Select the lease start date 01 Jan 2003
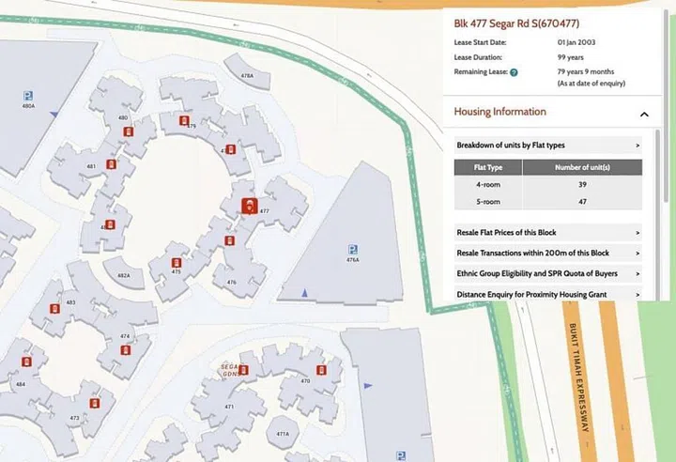coord(590,42)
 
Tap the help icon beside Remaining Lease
coord(515,72)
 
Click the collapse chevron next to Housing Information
coord(644,114)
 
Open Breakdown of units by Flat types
coord(547,146)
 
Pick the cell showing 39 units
coord(582,185)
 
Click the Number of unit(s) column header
coord(582,168)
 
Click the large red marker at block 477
coord(249,206)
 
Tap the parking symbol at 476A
coord(352,249)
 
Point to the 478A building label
coord(247,75)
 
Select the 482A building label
coord(123,275)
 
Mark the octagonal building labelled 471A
coord(283,435)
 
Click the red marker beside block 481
coord(111,164)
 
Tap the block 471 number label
coord(229,407)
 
